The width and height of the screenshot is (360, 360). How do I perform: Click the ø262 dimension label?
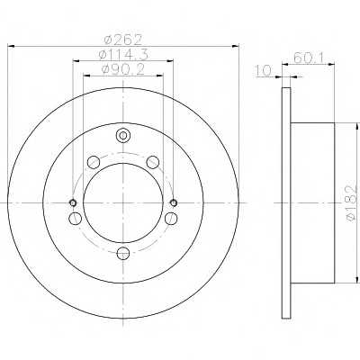click(122, 40)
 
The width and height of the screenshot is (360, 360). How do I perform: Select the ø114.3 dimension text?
click(123, 54)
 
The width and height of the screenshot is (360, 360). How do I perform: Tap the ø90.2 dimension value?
click(123, 69)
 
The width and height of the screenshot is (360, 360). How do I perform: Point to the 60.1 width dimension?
click(309, 58)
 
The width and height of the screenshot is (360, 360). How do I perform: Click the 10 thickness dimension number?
click(263, 70)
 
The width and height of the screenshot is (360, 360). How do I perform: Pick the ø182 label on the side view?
click(353, 203)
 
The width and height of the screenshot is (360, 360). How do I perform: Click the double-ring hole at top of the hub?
click(122, 136)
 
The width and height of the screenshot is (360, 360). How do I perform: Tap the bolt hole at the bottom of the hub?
click(122, 253)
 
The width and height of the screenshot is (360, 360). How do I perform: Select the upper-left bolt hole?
click(94, 162)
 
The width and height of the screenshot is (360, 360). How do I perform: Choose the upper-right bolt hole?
click(152, 162)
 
